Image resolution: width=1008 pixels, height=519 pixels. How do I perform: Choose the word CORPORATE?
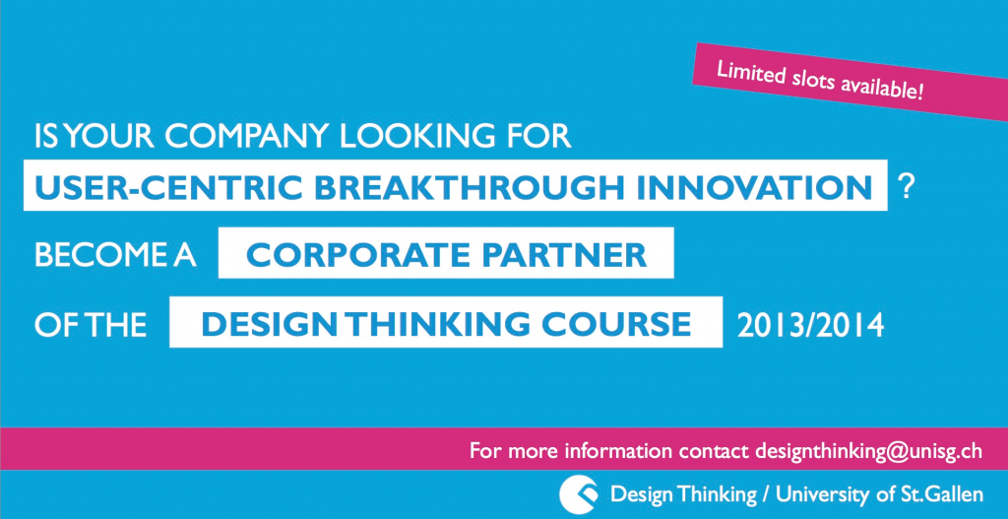(357, 255)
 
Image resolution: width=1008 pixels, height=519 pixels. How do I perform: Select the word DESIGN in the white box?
(269, 325)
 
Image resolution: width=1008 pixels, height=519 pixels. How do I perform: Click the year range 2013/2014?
(811, 325)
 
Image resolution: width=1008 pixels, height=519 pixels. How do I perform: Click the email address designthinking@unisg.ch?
(868, 450)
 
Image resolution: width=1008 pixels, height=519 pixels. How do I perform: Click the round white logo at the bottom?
(579, 494)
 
